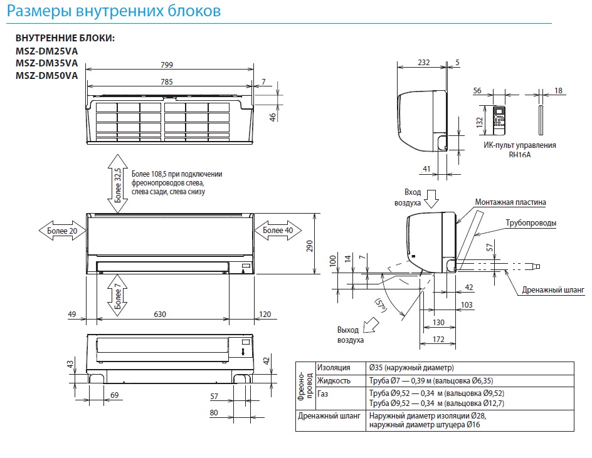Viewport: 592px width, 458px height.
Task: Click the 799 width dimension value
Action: (x=166, y=65)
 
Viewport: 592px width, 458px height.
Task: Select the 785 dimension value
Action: (x=166, y=81)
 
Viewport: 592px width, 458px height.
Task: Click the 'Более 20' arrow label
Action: (x=62, y=231)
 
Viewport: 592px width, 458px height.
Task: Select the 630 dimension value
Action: (x=161, y=314)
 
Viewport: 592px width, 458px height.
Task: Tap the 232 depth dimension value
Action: (x=423, y=62)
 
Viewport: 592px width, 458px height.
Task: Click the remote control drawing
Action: (x=500, y=120)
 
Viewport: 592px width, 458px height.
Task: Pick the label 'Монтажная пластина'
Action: (x=510, y=202)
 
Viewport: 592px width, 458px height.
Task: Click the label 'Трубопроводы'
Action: (x=531, y=223)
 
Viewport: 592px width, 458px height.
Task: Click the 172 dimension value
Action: (x=439, y=340)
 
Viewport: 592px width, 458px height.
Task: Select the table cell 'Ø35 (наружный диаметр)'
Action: (x=411, y=368)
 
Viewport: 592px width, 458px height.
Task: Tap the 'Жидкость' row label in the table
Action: (x=334, y=380)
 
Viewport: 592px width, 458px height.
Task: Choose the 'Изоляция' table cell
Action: (x=334, y=368)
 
